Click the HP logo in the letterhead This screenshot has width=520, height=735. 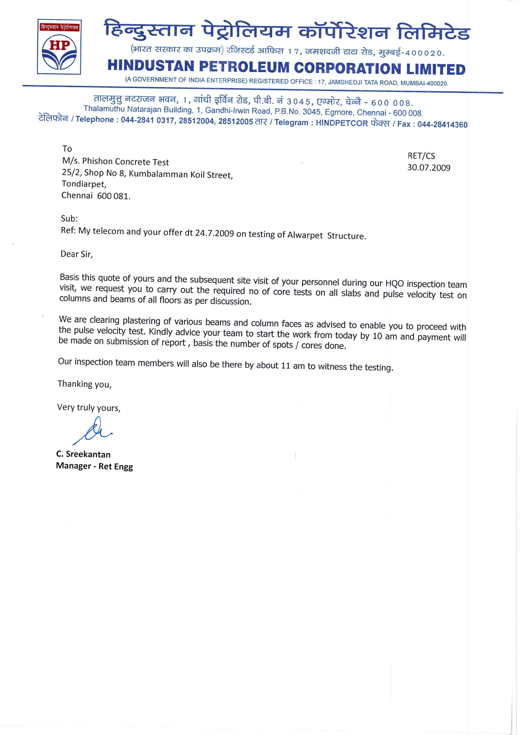tap(59, 47)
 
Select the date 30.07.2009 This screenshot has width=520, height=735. tap(429, 168)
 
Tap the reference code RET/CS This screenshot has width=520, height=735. tap(421, 156)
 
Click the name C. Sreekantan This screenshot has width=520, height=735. tap(83, 454)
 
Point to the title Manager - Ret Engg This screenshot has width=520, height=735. tap(94, 466)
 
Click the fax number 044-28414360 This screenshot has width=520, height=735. tap(442, 124)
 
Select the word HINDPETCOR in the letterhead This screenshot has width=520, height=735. tap(341, 123)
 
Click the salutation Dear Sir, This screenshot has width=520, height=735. tap(77, 254)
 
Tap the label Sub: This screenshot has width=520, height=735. tap(69, 218)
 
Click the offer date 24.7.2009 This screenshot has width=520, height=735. tap(215, 233)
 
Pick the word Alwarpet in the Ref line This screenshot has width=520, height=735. tap(305, 235)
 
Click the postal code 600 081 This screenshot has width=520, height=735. tap(114, 196)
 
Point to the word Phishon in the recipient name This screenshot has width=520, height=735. tap(97, 161)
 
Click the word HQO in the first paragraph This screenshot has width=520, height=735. tap(394, 283)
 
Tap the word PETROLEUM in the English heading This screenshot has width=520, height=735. tap(244, 67)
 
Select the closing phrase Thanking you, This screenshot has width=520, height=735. tap(84, 384)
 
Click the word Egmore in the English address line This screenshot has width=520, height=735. tap(339, 112)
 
